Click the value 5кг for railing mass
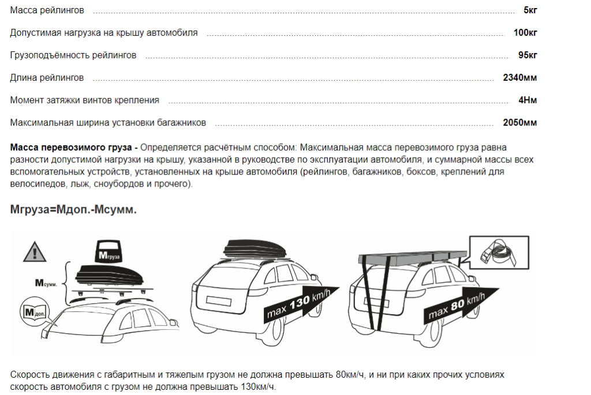530,10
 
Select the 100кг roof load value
525,32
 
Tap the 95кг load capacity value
528,55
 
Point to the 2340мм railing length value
520,78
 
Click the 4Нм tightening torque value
528,100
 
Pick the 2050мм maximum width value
520,122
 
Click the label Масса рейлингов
47,10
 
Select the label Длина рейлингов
47,78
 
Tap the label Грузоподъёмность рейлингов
73,55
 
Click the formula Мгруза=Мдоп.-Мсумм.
73,210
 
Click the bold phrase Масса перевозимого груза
71,147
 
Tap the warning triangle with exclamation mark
35,252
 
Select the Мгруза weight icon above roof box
109,251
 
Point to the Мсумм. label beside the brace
46,282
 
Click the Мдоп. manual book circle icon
34,312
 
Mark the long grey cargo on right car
412,258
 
